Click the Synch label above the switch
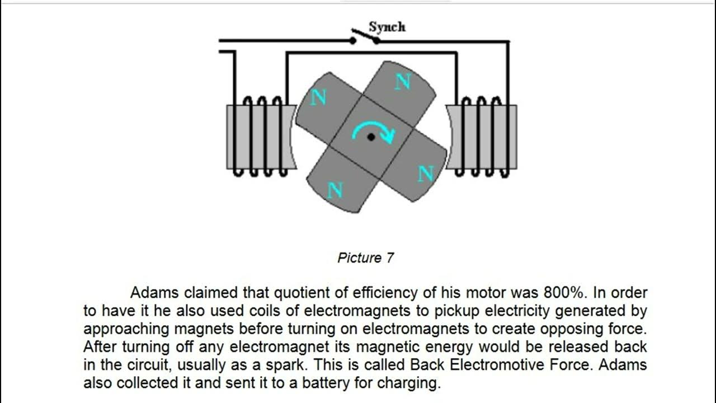click(x=387, y=27)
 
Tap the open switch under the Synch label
click(x=365, y=38)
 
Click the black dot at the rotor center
click(x=371, y=137)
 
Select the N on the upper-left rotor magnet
click(x=318, y=97)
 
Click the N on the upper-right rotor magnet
click(x=402, y=82)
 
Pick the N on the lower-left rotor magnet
click(x=335, y=190)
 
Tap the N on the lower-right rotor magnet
click(x=426, y=174)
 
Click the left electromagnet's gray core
click(x=260, y=137)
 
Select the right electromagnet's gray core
click(x=481, y=137)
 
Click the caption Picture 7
click(x=366, y=258)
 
